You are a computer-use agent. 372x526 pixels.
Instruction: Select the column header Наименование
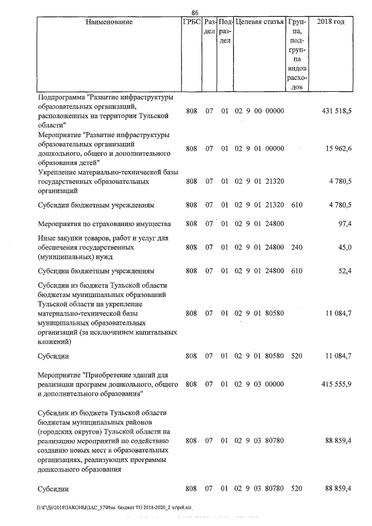pyautogui.click(x=109, y=22)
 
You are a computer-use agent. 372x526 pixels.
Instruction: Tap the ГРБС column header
pyautogui.click(x=191, y=22)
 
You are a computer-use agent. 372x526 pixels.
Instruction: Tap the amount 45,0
pyautogui.click(x=345, y=248)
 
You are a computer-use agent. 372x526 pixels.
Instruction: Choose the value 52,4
pyautogui.click(x=344, y=271)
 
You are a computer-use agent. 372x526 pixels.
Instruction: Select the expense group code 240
pyautogui.click(x=295, y=248)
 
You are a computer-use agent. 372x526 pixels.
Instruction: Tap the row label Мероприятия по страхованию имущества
pyautogui.click(x=105, y=224)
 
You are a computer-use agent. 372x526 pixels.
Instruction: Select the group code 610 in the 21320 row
pyautogui.click(x=295, y=205)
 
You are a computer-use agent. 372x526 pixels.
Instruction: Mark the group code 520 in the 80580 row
pyautogui.click(x=295, y=355)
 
